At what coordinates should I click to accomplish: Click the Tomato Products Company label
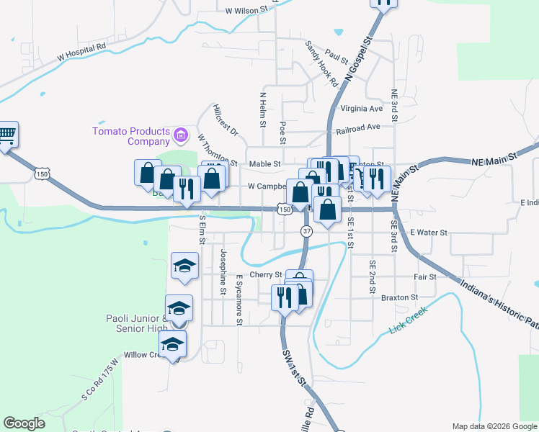click(130, 135)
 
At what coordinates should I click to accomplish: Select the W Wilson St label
click(246, 11)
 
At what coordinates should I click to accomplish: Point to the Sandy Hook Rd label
click(321, 63)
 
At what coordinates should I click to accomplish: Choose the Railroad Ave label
click(357, 127)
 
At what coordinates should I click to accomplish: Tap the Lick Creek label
click(408, 319)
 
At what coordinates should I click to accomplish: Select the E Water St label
click(429, 233)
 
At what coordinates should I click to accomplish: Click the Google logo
click(24, 423)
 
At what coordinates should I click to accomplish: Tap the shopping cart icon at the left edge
click(6, 135)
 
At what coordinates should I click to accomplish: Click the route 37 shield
click(307, 230)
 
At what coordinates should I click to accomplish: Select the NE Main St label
click(495, 156)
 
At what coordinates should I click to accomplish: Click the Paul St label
click(336, 54)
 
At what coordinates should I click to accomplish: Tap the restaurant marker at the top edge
click(385, 3)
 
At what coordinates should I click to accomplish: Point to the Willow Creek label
click(144, 355)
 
